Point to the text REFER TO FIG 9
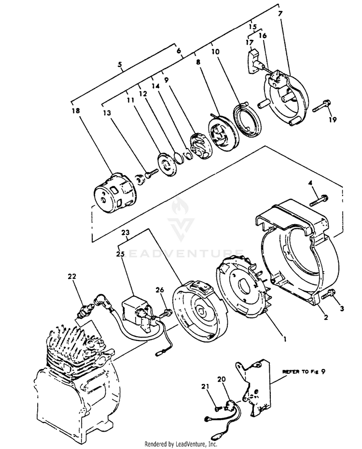click(x=304, y=372)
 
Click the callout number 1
click(x=284, y=339)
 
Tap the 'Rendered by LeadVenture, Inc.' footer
click(x=181, y=444)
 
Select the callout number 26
click(x=161, y=289)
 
